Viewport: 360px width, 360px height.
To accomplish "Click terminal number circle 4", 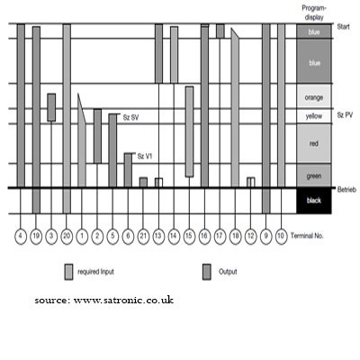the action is click(x=21, y=236).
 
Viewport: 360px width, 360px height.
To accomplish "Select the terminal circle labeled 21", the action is click(x=143, y=236).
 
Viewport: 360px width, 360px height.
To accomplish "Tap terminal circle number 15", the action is click(x=189, y=236).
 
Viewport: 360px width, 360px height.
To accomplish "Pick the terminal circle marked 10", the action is click(x=281, y=236).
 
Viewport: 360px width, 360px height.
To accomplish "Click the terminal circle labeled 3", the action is click(x=51, y=236).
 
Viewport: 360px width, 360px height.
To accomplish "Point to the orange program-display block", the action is click(x=314, y=96).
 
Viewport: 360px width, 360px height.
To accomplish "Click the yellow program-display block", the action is click(x=314, y=116).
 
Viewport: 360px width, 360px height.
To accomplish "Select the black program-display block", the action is click(x=314, y=201).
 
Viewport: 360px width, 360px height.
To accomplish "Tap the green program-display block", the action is click(x=314, y=175).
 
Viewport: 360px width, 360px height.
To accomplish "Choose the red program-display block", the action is click(x=314, y=144).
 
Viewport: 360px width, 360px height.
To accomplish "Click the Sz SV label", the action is click(x=130, y=118).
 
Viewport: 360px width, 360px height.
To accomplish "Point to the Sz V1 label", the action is click(x=145, y=157).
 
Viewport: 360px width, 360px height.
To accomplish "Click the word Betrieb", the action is click(x=346, y=190).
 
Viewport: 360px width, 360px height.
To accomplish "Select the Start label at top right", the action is click(x=343, y=27).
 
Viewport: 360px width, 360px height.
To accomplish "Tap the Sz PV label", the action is click(x=345, y=115).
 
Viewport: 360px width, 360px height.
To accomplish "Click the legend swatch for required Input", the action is click(x=68, y=272).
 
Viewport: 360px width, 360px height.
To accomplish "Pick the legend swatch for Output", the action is click(x=207, y=272).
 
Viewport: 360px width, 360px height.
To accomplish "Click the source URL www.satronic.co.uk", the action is click(x=123, y=301).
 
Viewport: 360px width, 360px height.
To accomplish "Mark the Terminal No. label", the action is click(x=307, y=236).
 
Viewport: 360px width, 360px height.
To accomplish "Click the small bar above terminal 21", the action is click(x=143, y=183).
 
